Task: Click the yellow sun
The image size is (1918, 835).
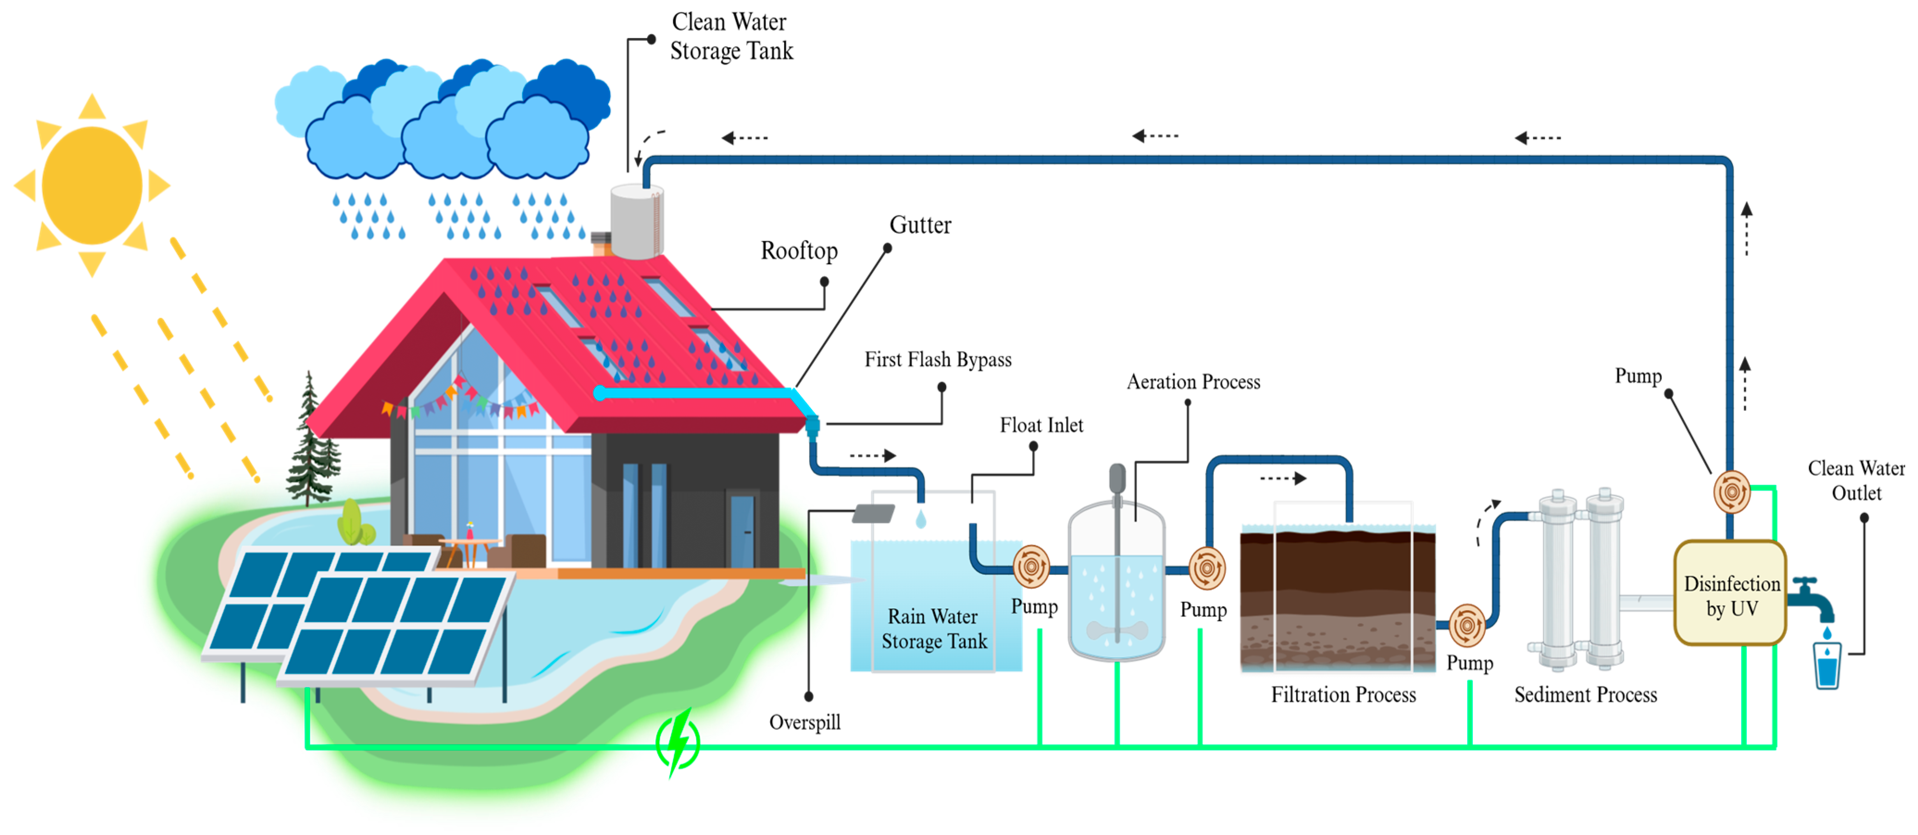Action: [92, 185]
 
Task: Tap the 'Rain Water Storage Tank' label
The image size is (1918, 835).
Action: [934, 629]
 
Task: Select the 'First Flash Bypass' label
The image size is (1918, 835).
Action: [937, 360]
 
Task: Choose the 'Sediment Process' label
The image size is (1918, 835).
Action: [1585, 694]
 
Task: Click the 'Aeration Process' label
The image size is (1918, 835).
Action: [1193, 382]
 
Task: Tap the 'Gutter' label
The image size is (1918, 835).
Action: [920, 225]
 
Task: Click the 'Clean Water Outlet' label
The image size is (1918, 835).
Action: [1856, 480]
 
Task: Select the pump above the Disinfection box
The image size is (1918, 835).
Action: [1731, 492]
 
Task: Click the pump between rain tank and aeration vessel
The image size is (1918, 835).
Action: [1031, 567]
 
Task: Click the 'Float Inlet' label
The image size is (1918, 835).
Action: [1041, 425]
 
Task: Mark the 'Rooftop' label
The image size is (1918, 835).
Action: [798, 251]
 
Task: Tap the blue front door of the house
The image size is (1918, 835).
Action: [741, 531]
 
